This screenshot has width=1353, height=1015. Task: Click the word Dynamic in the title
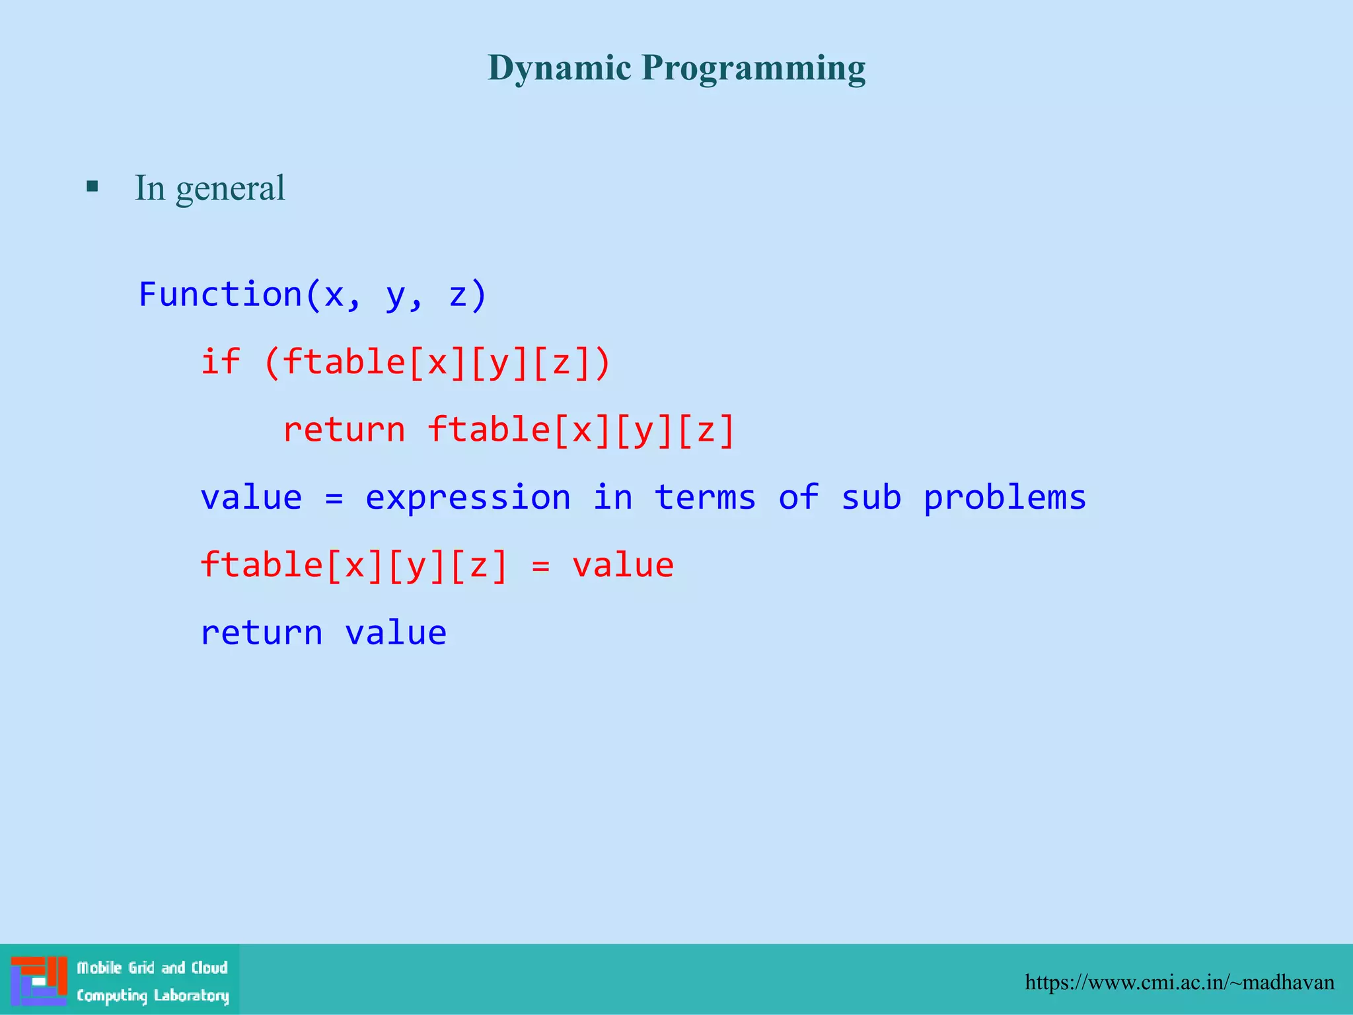(559, 68)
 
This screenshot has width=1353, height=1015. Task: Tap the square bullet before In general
(92, 187)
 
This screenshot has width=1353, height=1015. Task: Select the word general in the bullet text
(230, 189)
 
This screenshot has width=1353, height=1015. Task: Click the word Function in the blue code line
(220, 294)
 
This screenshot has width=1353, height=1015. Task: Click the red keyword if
(220, 362)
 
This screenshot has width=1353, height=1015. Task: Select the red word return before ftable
(344, 430)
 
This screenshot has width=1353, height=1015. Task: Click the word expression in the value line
(468, 498)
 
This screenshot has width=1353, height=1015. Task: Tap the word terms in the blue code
(705, 498)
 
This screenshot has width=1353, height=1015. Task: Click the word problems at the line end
(1004, 498)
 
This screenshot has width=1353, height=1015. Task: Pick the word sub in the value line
(871, 498)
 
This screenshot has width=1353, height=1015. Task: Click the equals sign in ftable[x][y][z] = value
(540, 566)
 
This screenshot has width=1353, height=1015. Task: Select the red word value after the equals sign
(622, 566)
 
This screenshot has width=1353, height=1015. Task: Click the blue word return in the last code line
(262, 633)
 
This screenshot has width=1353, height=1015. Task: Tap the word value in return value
(396, 633)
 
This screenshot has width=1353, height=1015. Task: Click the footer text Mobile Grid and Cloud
(152, 968)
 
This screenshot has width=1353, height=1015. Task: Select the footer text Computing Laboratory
(153, 996)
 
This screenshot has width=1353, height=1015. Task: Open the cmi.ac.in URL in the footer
(1179, 983)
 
